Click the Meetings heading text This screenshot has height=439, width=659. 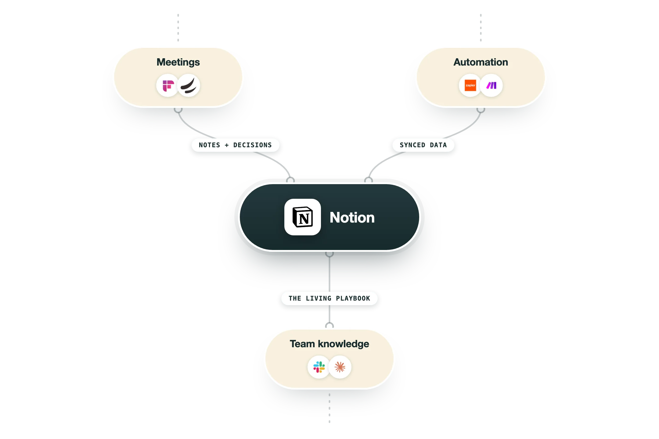(x=178, y=62)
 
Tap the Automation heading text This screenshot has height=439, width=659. (x=481, y=62)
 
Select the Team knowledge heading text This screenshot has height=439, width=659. (x=329, y=344)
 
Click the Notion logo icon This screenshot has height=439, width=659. (x=303, y=217)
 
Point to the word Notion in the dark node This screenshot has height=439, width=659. (x=352, y=217)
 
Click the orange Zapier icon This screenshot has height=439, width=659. (x=470, y=85)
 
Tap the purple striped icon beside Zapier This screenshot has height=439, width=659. (x=491, y=85)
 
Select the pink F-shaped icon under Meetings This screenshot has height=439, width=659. (x=168, y=86)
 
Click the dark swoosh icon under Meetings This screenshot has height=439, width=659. (x=189, y=86)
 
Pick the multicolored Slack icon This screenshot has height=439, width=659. (x=319, y=367)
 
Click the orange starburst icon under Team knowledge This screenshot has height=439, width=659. (x=340, y=367)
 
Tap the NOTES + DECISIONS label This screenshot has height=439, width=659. (x=235, y=145)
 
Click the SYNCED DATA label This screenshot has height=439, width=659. (x=423, y=145)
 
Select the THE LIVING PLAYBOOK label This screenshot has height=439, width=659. (x=329, y=298)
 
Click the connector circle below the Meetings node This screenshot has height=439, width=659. (x=178, y=109)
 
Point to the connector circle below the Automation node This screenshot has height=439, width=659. (x=481, y=109)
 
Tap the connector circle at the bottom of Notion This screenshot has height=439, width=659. (x=329, y=253)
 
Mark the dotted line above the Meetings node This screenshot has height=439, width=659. (x=178, y=27)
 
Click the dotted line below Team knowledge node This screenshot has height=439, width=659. (x=329, y=408)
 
